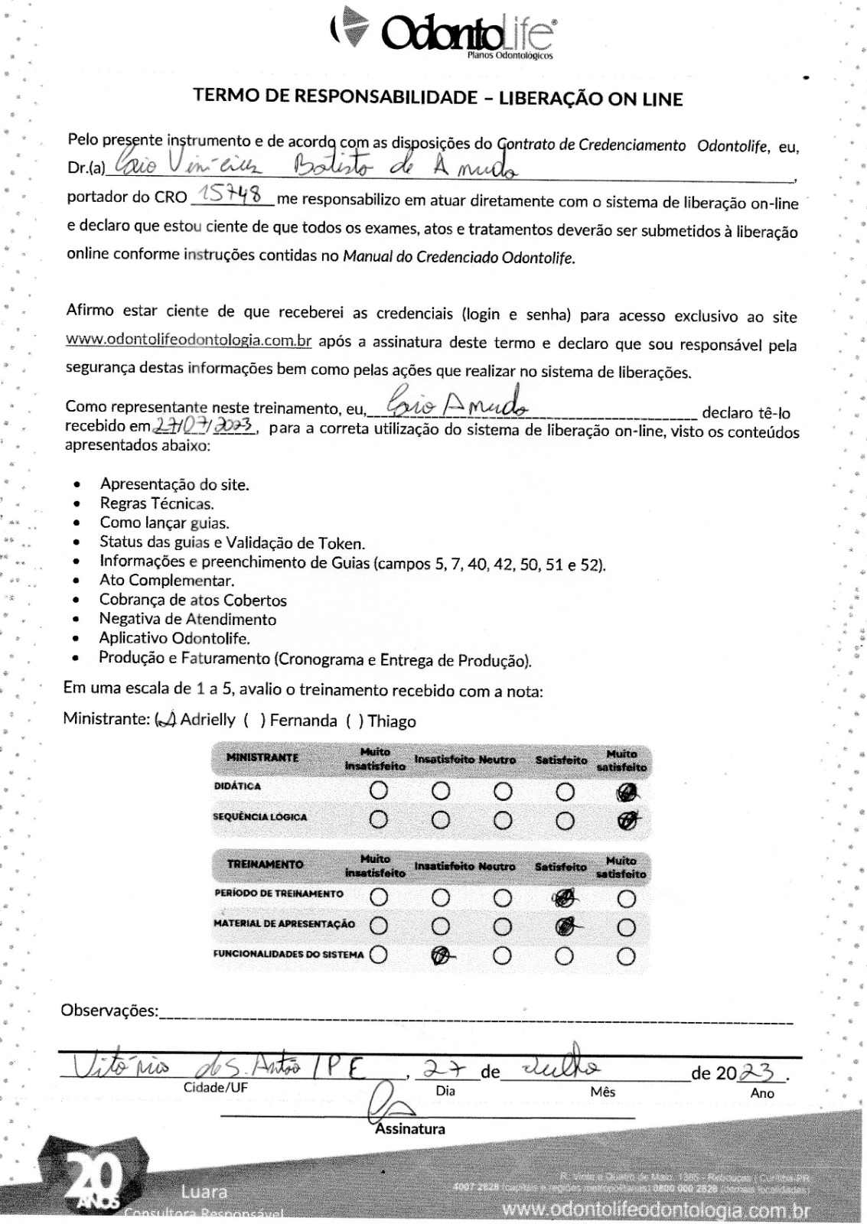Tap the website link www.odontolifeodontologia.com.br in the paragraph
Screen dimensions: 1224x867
pyautogui.click(x=189, y=340)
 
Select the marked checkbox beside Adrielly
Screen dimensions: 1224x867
pyautogui.click(x=166, y=720)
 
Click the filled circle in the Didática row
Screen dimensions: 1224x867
pyautogui.click(x=627, y=792)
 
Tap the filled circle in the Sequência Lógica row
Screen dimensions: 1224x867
pyautogui.click(x=627, y=821)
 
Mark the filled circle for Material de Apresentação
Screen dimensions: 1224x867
pyautogui.click(x=565, y=927)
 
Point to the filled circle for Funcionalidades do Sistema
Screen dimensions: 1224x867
pyautogui.click(x=440, y=956)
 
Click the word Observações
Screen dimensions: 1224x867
pyautogui.click(x=109, y=1011)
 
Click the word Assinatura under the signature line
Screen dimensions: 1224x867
pyautogui.click(x=410, y=1128)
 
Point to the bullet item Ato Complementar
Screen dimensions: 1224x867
pyautogui.click(x=166, y=580)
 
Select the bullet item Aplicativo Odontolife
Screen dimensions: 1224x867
pyautogui.click(x=174, y=638)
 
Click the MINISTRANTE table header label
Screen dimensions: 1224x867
pyautogui.click(x=262, y=757)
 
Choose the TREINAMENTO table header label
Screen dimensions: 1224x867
pyautogui.click(x=265, y=864)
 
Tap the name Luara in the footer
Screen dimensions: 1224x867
pyautogui.click(x=204, y=1192)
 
